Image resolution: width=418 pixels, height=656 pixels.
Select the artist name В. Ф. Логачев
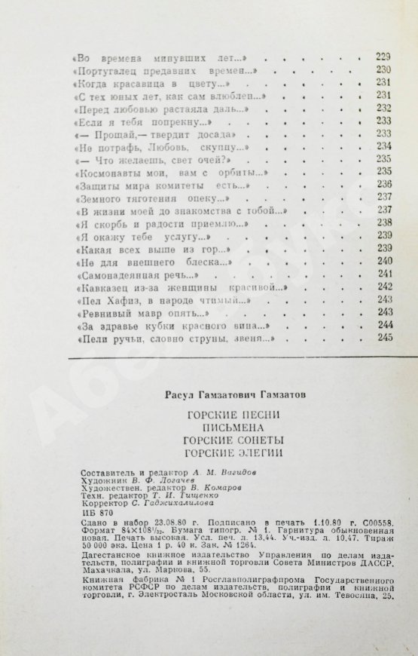(x=161, y=480)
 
